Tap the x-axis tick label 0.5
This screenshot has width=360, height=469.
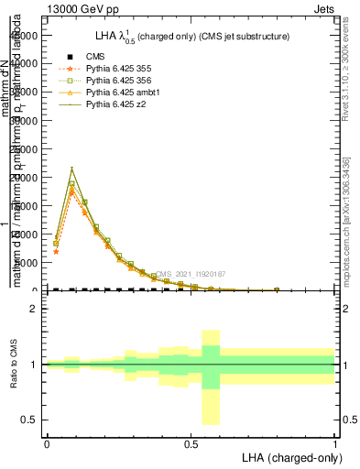(191, 442)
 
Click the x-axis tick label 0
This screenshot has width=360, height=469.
(47, 442)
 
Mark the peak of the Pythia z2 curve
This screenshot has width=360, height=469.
(71, 168)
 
